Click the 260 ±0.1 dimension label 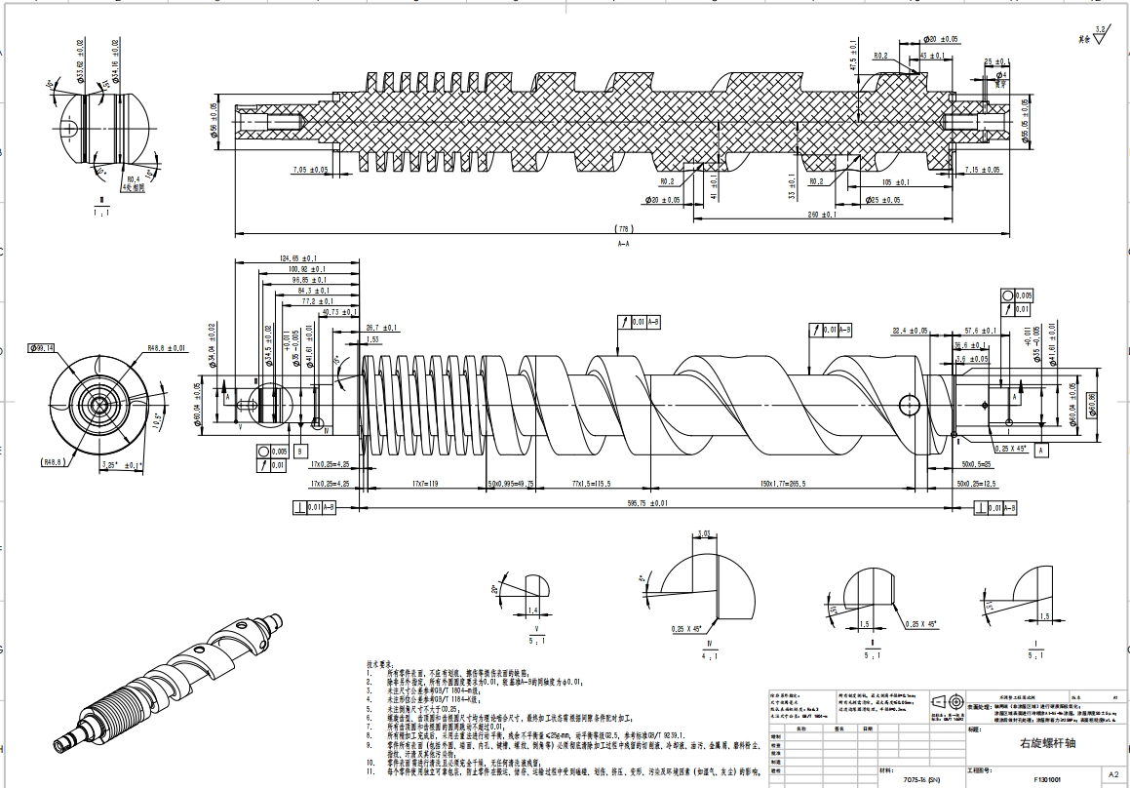click(823, 214)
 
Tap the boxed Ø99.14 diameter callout click(42, 347)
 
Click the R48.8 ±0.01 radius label click(167, 347)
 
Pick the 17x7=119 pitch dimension click(421, 484)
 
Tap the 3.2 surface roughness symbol click(1100, 32)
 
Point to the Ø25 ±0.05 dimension click(886, 200)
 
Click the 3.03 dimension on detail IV click(705, 533)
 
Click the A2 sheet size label click(1113, 774)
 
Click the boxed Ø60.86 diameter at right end click(1089, 402)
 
